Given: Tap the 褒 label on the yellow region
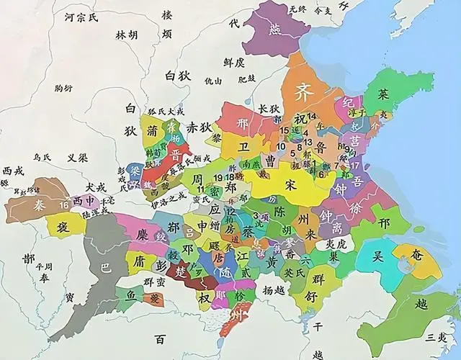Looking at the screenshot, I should tap(59, 226).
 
